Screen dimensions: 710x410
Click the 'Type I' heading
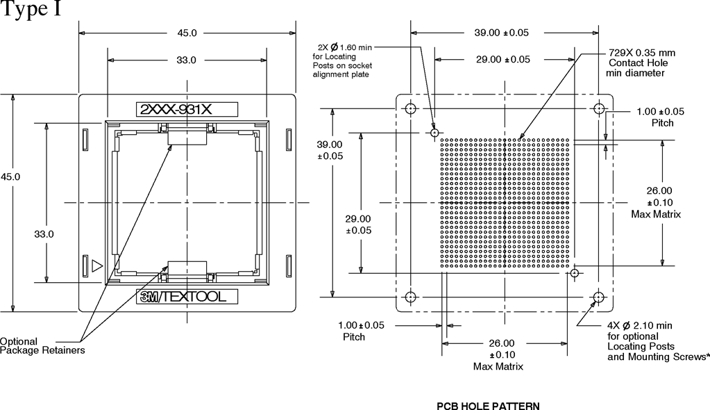(31, 9)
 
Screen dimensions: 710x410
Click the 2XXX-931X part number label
(187, 110)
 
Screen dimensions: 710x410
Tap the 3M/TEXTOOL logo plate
(187, 297)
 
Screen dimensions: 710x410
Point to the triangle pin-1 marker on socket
(97, 265)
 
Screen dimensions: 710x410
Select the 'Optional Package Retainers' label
(42, 345)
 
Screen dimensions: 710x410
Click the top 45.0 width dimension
(187, 33)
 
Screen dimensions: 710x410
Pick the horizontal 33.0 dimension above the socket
(186, 60)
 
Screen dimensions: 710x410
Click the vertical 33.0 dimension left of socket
(44, 234)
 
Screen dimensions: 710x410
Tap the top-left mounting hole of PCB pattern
(411, 109)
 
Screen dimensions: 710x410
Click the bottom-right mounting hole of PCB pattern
(599, 297)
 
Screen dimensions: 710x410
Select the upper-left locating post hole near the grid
(434, 133)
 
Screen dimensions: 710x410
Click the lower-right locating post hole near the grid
(575, 273)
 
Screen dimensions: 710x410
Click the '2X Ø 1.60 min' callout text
(344, 47)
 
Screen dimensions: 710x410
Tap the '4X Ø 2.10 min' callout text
(639, 326)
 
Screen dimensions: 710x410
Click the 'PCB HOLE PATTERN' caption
(488, 406)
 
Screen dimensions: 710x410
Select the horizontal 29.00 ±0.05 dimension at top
(502, 59)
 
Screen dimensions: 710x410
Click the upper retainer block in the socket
(187, 138)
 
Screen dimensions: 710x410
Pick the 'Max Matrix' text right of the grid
(656, 214)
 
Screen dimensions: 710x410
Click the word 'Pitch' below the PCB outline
(354, 337)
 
